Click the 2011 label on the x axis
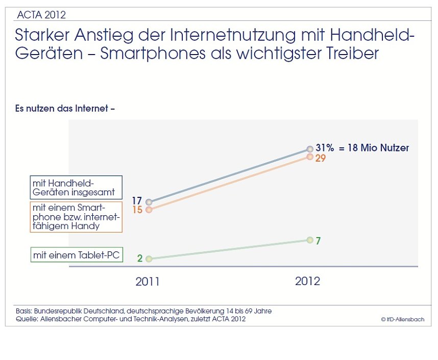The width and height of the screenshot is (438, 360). point(148,281)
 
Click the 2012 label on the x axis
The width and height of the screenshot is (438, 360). point(307,281)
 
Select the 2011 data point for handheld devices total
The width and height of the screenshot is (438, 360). point(149,202)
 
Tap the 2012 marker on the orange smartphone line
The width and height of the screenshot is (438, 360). point(310,157)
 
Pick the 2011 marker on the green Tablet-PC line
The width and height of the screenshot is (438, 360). point(149,259)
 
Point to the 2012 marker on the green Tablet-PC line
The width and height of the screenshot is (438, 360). point(310,240)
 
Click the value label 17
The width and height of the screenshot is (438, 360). point(137,201)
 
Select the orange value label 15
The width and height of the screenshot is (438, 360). point(137,210)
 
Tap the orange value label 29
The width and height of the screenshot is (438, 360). point(321,158)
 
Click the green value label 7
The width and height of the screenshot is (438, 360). point(318,241)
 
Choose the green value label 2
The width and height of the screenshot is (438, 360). point(139,258)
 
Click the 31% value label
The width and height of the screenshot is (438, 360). point(325,148)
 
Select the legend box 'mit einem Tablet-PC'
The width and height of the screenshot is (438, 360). point(77,254)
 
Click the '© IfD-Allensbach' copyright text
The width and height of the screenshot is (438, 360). point(402,319)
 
